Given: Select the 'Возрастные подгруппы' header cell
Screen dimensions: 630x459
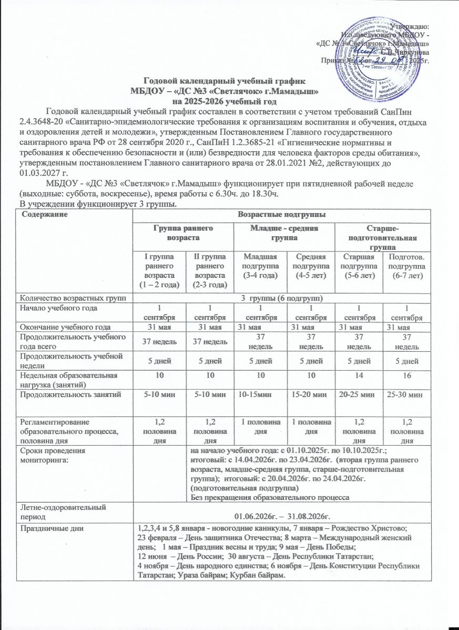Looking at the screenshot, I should pyautogui.click(x=281, y=215).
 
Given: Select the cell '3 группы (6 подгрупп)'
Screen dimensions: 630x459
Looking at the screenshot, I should pyautogui.click(x=281, y=299).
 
